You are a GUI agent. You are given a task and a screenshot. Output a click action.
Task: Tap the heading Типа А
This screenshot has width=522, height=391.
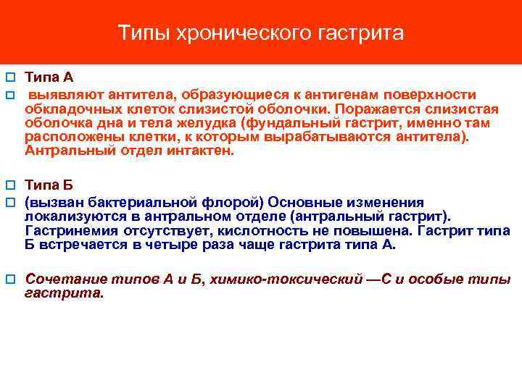(x=49, y=77)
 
